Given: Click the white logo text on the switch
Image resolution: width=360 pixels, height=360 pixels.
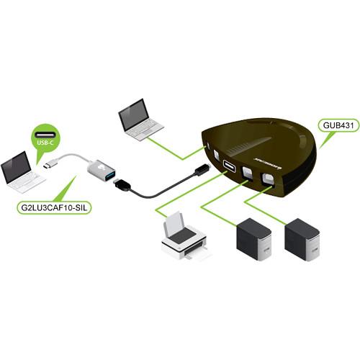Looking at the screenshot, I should (277, 153).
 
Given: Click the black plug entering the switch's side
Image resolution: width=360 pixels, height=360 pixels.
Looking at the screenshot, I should (203, 170).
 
